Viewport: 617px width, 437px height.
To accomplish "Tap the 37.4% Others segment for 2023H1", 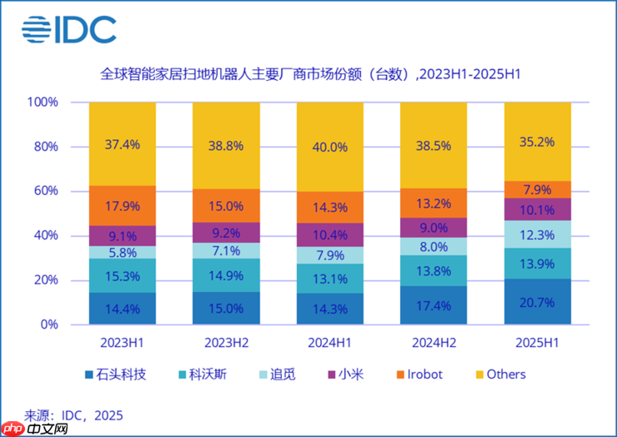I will (122, 143).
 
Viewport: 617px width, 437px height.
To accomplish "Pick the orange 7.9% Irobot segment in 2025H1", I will (537, 188).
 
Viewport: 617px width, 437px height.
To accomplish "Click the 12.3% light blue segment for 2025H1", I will (537, 234).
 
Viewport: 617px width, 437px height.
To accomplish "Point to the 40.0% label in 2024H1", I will (329, 147).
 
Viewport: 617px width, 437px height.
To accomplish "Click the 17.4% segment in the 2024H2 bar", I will (434, 305).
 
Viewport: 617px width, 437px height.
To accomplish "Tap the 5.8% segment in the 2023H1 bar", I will (122, 252).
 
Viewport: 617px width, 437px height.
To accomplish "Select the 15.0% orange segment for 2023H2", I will (226, 205).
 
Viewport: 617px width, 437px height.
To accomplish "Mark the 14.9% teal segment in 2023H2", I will (226, 275).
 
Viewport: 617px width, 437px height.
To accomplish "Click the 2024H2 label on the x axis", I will (433, 342).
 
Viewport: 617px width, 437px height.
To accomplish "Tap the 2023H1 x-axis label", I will (122, 342).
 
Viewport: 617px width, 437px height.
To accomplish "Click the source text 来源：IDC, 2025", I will (73, 414).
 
